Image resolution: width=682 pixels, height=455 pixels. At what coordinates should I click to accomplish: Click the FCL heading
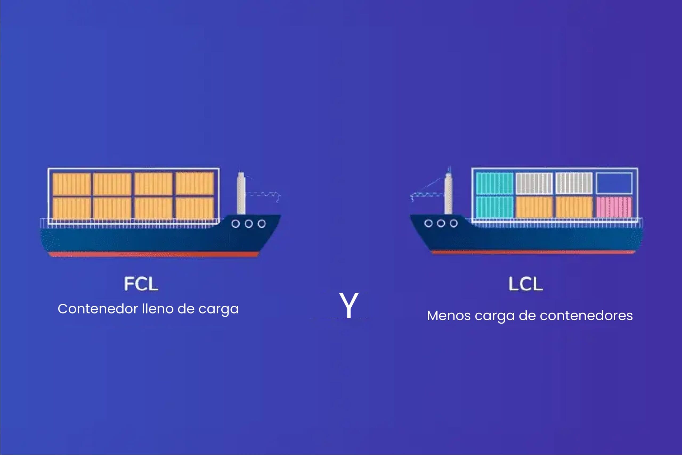click(x=141, y=284)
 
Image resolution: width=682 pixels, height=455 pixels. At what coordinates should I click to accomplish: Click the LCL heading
click(x=525, y=284)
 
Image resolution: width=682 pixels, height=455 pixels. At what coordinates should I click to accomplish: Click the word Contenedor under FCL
click(x=98, y=308)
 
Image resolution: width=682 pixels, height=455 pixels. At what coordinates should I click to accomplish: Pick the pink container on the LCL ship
click(x=614, y=207)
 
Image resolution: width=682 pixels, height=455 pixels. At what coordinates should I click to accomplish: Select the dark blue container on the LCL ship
click(x=614, y=183)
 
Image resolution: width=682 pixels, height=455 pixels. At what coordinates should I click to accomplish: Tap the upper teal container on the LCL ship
click(x=495, y=183)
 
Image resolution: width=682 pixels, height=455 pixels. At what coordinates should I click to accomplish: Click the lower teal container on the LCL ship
click(x=495, y=207)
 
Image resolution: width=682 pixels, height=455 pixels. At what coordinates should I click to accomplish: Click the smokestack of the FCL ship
click(x=241, y=193)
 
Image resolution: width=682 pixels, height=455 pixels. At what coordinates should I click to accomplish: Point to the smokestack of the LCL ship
click(x=448, y=193)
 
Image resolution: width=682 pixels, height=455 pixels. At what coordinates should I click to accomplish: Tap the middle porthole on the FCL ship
click(x=249, y=224)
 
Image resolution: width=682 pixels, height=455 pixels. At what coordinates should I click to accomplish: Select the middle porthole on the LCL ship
click(x=441, y=223)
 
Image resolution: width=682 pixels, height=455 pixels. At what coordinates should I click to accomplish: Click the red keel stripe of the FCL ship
click(x=154, y=254)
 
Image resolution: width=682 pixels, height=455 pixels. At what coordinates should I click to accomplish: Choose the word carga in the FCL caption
click(x=218, y=309)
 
